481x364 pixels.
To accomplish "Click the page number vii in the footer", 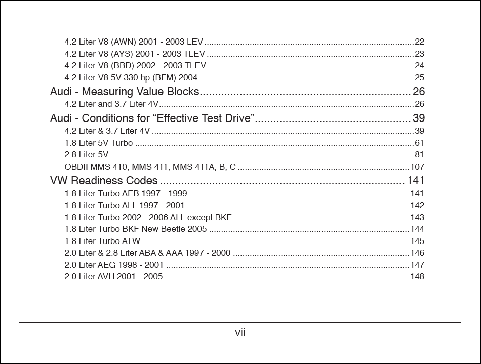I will click(x=240, y=333).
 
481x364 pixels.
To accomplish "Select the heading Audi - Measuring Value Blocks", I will click(x=125, y=92).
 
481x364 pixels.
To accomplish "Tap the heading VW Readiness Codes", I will click(x=104, y=181).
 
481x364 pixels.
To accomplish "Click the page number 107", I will click(x=417, y=167).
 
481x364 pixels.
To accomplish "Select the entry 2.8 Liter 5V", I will click(x=86, y=154).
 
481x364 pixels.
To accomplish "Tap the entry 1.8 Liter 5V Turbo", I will click(x=99, y=143).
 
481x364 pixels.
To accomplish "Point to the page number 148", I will click(x=417, y=276).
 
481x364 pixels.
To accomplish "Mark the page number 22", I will click(x=419, y=42).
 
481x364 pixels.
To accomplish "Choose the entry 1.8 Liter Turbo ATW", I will click(x=102, y=241).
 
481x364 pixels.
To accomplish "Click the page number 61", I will click(x=419, y=143).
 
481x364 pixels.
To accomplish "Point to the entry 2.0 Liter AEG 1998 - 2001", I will click(x=114, y=265).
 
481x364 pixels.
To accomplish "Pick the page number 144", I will click(x=417, y=229).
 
